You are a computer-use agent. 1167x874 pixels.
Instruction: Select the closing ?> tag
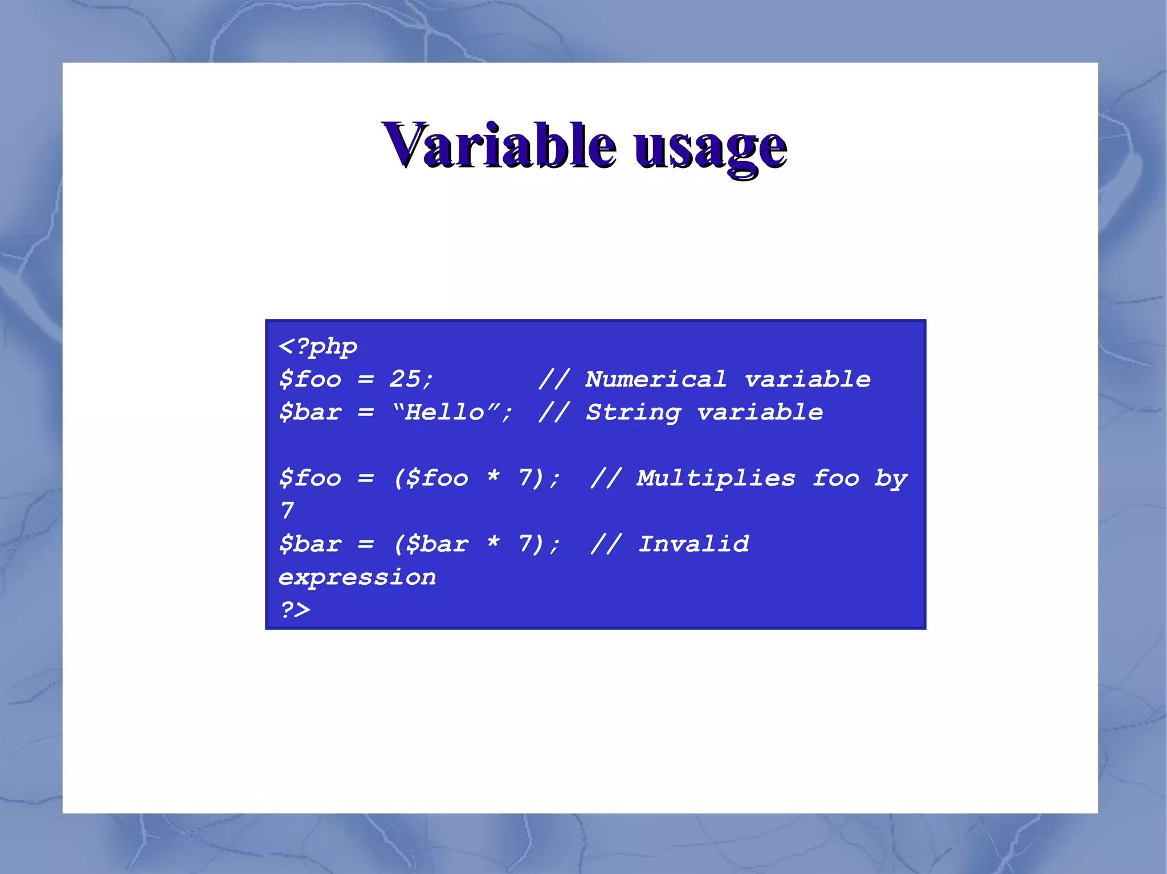(x=295, y=610)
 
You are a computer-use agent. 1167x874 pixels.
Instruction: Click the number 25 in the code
(x=405, y=379)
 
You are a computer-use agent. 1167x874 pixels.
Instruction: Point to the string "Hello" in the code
(x=445, y=412)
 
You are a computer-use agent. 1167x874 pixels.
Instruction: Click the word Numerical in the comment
(x=656, y=379)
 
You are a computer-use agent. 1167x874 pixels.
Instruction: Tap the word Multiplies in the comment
(x=716, y=478)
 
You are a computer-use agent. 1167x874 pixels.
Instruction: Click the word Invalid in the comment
(x=693, y=544)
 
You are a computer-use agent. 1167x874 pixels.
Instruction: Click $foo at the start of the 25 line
(x=310, y=379)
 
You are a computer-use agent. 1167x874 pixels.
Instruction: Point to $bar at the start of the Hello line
(x=310, y=412)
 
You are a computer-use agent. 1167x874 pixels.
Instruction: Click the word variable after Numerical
(x=807, y=379)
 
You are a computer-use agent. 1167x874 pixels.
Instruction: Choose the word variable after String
(x=760, y=412)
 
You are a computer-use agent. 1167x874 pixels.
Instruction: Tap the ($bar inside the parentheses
(x=432, y=544)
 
